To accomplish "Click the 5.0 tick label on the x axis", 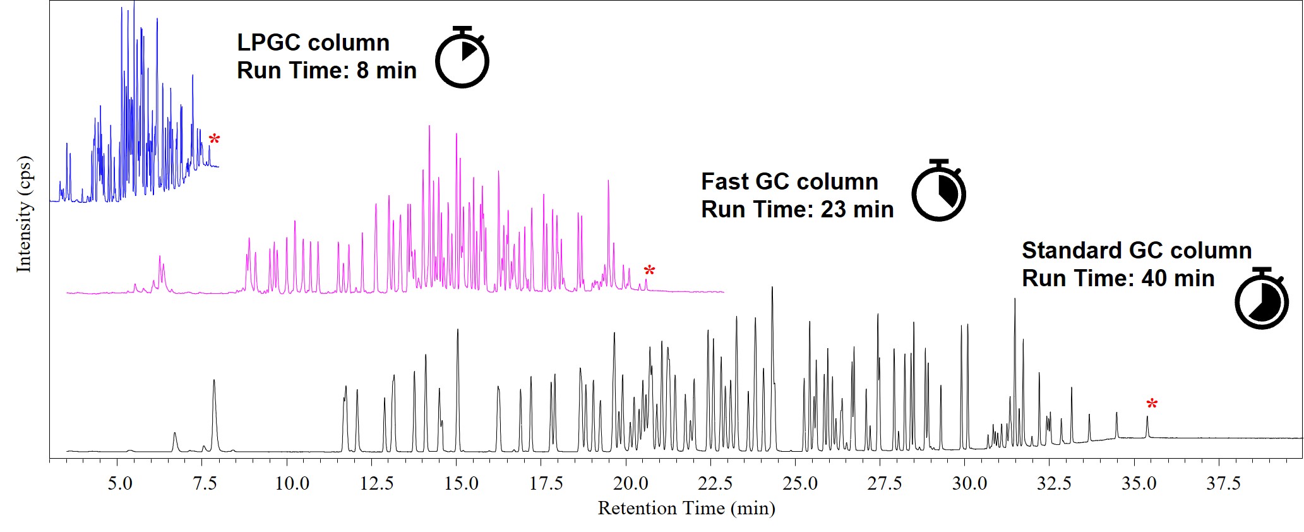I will coord(120,485).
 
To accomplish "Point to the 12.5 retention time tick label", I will coord(377,485).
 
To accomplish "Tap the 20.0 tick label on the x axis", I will coord(631,485).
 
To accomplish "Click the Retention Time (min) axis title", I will coord(686,509).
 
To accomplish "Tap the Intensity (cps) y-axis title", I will coord(24,214).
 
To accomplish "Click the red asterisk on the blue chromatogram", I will coord(215,140).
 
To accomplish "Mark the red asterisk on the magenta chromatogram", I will coord(649,271).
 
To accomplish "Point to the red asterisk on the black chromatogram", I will coord(1152,404).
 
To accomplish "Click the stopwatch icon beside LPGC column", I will coord(463,58).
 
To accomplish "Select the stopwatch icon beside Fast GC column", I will coord(939,191).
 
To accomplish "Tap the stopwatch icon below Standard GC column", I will coord(1262,299).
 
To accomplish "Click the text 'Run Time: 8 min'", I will coord(326,70).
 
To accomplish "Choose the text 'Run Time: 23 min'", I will coord(797,209).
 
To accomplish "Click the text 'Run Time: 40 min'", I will coord(1118,278).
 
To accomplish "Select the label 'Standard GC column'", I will coord(1137,250).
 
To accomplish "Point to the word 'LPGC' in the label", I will coord(268,42).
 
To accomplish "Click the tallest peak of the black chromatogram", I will coord(772,288).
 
